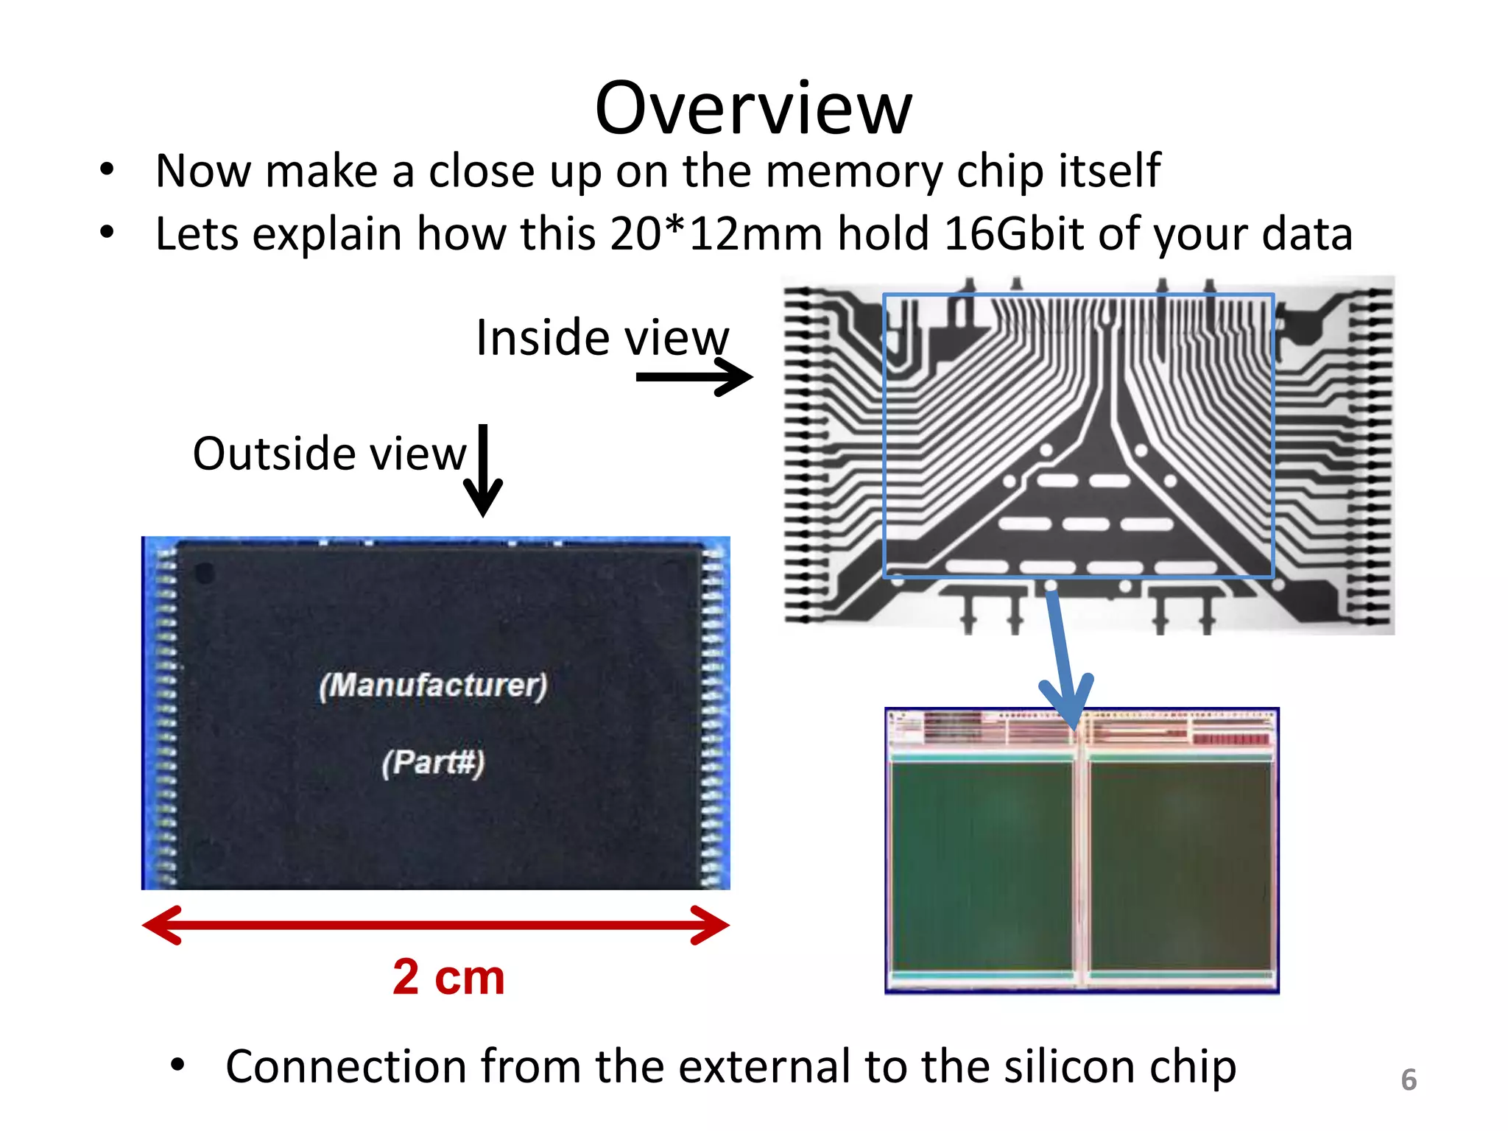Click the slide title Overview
tap(753, 108)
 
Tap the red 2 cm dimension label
tap(448, 977)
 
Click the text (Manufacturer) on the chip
tap(433, 686)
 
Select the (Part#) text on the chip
tap(433, 762)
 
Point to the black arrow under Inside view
tap(694, 377)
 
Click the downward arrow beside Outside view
tap(483, 471)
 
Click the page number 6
tap(1409, 1079)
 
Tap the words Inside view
tap(602, 338)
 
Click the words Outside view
tap(329, 454)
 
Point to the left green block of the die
tap(982, 865)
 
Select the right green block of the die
tap(1180, 865)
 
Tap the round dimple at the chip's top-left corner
tap(204, 573)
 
